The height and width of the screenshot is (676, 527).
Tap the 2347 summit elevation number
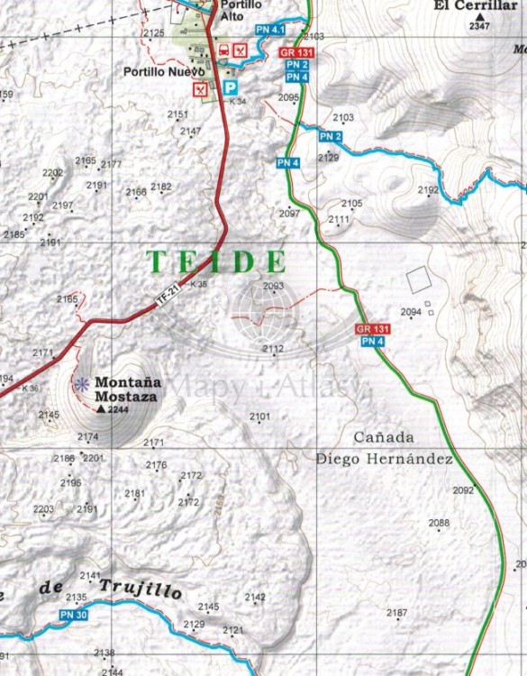tap(481, 27)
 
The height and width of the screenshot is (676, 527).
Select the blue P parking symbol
tap(231, 88)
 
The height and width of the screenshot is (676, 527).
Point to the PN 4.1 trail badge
tap(268, 31)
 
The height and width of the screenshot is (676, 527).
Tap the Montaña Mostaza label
tap(126, 388)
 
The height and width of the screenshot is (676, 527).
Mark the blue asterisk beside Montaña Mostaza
tap(82, 384)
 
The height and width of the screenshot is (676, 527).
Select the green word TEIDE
tap(216, 262)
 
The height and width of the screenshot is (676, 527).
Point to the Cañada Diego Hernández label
tap(384, 447)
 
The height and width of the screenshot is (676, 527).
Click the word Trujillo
tap(141, 589)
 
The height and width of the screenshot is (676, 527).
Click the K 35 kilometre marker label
tap(198, 284)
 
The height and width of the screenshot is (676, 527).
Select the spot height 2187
tap(396, 614)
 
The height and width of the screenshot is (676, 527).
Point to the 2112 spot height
tap(273, 349)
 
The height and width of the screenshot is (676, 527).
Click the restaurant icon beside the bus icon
tap(240, 50)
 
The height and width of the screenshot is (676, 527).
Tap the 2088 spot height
tap(439, 524)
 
